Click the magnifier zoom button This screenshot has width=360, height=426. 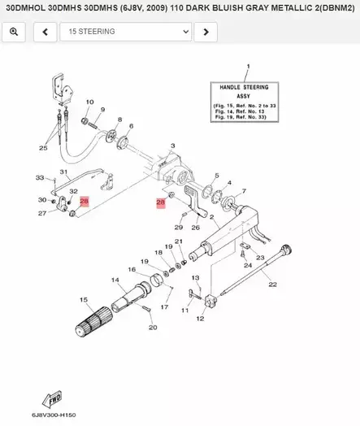click(15, 32)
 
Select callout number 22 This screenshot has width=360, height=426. click(273, 285)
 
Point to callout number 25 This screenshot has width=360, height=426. click(43, 148)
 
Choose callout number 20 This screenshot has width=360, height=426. click(153, 328)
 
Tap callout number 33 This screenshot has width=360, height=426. click(40, 177)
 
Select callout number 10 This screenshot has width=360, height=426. click(89, 102)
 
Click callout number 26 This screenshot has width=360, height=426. click(195, 228)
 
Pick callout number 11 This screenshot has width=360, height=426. click(185, 310)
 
